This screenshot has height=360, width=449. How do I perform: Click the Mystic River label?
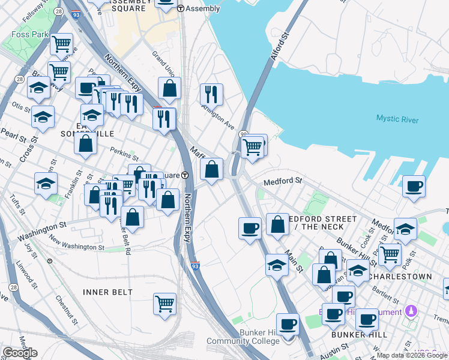(397, 119)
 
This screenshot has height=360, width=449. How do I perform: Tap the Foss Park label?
(29, 35)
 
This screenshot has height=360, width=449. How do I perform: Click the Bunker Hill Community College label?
(243, 337)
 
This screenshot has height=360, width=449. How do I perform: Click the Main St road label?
(293, 260)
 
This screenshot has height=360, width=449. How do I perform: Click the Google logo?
(20, 353)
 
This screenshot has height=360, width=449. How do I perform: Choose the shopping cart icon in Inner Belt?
(164, 303)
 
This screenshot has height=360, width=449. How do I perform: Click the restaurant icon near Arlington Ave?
(211, 94)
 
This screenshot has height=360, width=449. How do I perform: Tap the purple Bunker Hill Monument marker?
(411, 311)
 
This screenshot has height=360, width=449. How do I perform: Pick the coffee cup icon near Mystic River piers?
(414, 186)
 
